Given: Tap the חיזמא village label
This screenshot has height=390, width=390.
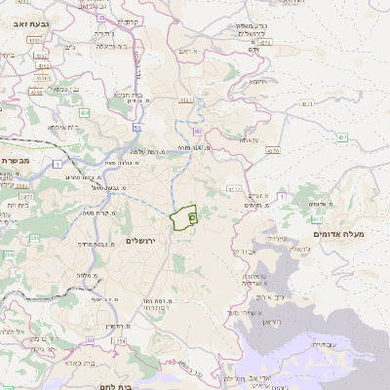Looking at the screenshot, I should (257, 82).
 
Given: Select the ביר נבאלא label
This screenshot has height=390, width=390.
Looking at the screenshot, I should (106, 45).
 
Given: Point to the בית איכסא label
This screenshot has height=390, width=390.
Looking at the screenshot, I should (57, 127).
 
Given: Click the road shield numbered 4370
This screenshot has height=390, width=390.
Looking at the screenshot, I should (272, 151).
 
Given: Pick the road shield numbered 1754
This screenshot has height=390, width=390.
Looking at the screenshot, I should (120, 340).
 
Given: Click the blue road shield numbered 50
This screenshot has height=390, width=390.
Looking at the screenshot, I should (138, 127).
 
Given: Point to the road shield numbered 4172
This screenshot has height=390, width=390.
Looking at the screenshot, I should (232, 187).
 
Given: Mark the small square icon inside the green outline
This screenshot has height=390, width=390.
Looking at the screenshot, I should (191, 217).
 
